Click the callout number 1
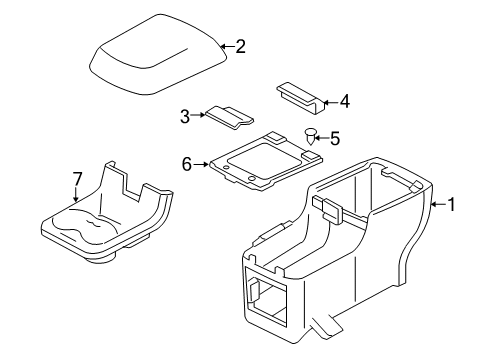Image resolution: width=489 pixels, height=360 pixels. tap(451, 204)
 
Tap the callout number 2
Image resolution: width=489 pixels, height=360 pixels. tap(240, 46)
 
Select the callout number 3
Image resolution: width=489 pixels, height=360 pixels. tap(185, 116)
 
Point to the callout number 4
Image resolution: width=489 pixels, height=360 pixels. tap(345, 101)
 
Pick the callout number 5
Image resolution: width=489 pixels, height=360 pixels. tap(335, 138)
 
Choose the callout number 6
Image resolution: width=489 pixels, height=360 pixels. tap(187, 164)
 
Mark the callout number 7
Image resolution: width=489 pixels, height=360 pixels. tap(77, 179)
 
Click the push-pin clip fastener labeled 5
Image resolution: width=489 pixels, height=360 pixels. tap(311, 136)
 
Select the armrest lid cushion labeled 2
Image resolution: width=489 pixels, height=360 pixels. tap(159, 54)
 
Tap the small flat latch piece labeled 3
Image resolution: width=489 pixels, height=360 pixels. tap(229, 118)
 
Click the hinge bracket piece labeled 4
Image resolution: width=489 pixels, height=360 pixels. tap(300, 97)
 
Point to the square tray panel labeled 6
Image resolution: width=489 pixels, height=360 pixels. tap(266, 161)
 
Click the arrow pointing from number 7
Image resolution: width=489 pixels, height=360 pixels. tap(76, 194)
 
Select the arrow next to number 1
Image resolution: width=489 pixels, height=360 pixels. tap(438, 204)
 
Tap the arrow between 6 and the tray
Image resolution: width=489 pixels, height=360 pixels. tap(201, 164)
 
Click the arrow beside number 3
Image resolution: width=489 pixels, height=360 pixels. tap(198, 115)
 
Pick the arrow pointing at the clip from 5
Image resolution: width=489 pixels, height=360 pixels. tap(322, 138)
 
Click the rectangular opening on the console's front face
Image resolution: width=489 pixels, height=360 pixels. tap(265, 294)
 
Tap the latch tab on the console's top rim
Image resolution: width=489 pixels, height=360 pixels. tap(328, 208)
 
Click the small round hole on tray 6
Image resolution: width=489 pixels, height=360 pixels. tap(226, 167)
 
